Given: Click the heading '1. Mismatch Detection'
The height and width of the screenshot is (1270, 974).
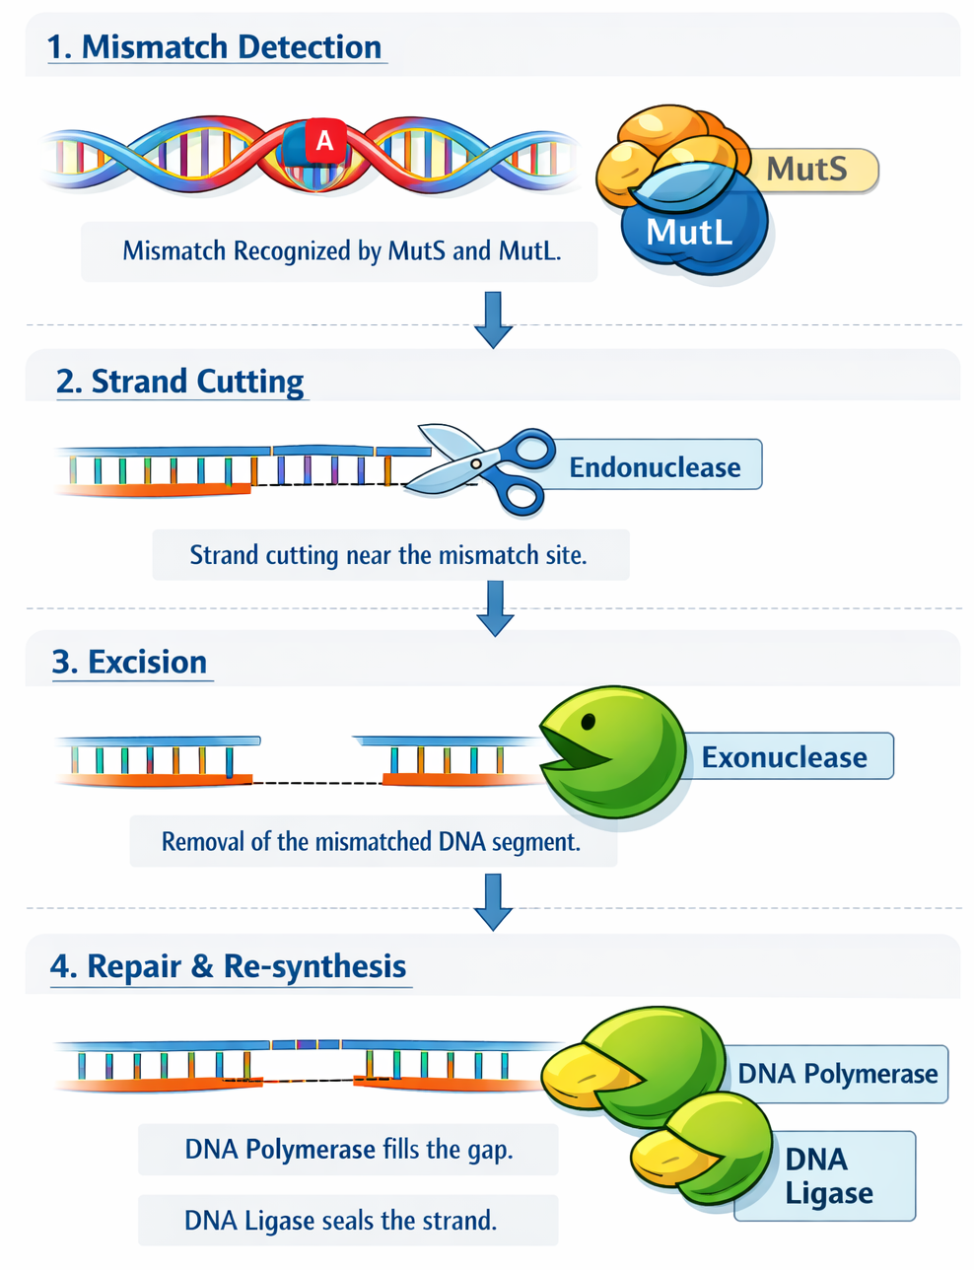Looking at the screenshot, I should point(215,47).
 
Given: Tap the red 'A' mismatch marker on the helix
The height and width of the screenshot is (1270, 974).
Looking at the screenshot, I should point(324,142).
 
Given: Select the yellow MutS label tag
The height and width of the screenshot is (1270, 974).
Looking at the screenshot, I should point(808,170).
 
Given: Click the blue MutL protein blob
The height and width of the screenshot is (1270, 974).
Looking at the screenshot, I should point(690,233).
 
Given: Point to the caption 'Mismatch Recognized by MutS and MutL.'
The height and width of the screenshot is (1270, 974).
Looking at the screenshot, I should point(341,251).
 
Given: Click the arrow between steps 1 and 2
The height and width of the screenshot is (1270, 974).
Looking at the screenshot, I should point(493,318).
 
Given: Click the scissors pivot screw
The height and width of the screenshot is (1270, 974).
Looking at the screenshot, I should point(476,462).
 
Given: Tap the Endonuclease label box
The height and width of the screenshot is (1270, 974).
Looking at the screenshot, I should point(656,466).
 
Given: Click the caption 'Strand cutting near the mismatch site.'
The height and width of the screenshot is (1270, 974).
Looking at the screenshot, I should point(388,555).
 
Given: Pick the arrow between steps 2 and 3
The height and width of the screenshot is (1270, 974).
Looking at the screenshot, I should point(495,607).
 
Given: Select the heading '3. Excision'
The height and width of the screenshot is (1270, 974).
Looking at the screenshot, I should point(130,662).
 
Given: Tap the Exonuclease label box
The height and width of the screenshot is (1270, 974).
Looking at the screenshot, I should point(785,757).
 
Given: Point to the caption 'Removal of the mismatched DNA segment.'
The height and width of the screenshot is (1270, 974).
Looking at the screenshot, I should point(372,842).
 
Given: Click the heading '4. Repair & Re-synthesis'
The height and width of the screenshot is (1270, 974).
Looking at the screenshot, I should point(229,966).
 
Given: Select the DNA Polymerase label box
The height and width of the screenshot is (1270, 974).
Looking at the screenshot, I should point(838,1074).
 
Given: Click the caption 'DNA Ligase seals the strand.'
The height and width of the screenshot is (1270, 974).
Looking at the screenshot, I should point(341,1221).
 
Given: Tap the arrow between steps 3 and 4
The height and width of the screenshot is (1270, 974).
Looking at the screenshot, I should point(493,901).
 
